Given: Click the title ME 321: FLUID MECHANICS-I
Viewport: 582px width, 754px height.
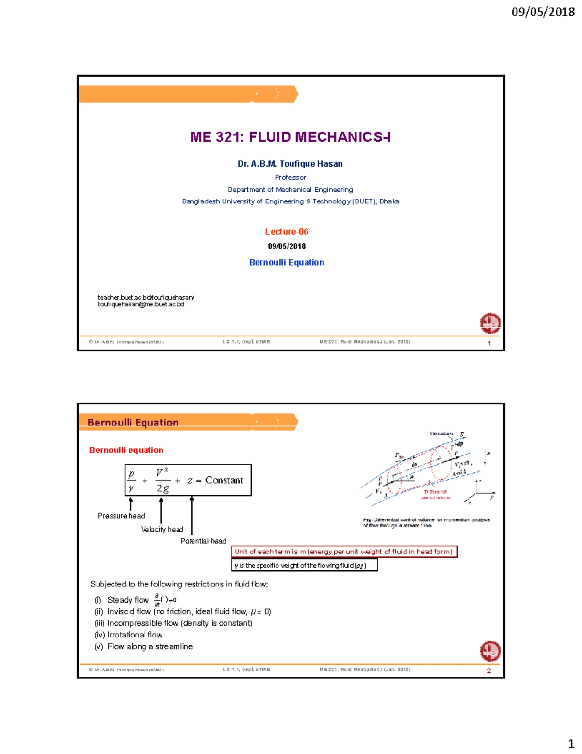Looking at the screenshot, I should point(290,137).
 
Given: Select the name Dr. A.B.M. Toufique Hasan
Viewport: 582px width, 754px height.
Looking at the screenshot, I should point(290,164).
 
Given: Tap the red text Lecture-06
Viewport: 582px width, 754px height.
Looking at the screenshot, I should point(286,232).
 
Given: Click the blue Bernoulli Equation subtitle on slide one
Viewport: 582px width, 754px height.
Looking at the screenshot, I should point(286,262).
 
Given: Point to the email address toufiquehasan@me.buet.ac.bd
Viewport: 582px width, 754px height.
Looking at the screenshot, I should point(141,304).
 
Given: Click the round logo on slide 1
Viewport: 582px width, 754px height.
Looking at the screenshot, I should point(490,323).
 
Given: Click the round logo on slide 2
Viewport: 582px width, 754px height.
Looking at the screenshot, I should point(490,651).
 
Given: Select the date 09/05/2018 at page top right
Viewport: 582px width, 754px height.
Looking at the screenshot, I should point(543,12).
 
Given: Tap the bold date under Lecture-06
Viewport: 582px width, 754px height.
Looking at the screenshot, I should point(286,246).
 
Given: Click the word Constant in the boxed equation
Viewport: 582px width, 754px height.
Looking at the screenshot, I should point(224,480).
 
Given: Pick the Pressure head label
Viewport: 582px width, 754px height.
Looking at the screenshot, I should point(121,516).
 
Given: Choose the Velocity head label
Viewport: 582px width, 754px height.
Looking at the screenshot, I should point(162,529).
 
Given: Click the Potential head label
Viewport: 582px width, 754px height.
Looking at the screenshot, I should point(203,541).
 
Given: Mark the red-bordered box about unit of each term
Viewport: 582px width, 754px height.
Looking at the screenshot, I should point(344,552).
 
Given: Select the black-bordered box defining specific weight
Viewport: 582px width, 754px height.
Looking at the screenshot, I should point(304,565).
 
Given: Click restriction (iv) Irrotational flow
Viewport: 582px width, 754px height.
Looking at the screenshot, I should point(129,635).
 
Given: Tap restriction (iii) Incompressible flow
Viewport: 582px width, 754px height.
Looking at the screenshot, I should point(173,623).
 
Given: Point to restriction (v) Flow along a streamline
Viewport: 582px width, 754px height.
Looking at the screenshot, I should point(144,646).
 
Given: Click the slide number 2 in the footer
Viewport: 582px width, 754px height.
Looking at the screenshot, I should point(489,670).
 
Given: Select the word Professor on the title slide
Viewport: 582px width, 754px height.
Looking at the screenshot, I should point(291,177).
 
